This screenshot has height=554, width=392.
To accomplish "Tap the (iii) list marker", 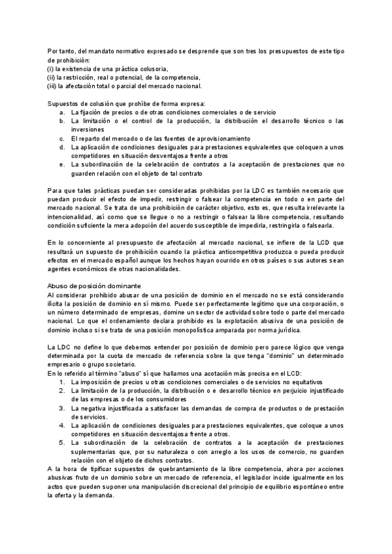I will point(52,86).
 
